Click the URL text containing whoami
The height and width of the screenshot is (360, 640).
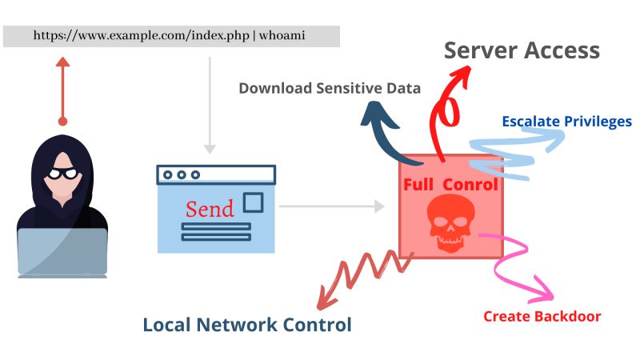pyautogui.click(x=171, y=36)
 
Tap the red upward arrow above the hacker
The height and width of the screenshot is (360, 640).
pyautogui.click(x=62, y=88)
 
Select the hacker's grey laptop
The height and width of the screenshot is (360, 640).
pyautogui.click(x=62, y=251)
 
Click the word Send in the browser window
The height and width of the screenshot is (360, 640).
pyautogui.click(x=210, y=209)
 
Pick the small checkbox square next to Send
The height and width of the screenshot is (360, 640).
pyautogui.click(x=253, y=202)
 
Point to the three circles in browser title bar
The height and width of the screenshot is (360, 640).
pyautogui.click(x=181, y=174)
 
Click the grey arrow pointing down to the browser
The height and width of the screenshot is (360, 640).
pyautogui.click(x=210, y=112)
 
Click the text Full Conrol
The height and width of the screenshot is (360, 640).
pyautogui.click(x=450, y=185)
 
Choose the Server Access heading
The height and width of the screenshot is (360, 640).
pyautogui.click(x=522, y=50)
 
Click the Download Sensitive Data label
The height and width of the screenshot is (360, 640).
pyautogui.click(x=330, y=88)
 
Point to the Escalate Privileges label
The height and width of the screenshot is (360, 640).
pyautogui.click(x=566, y=122)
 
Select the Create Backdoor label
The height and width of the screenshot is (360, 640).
pyautogui.click(x=542, y=316)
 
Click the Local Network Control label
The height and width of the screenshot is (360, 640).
pyautogui.click(x=246, y=325)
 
